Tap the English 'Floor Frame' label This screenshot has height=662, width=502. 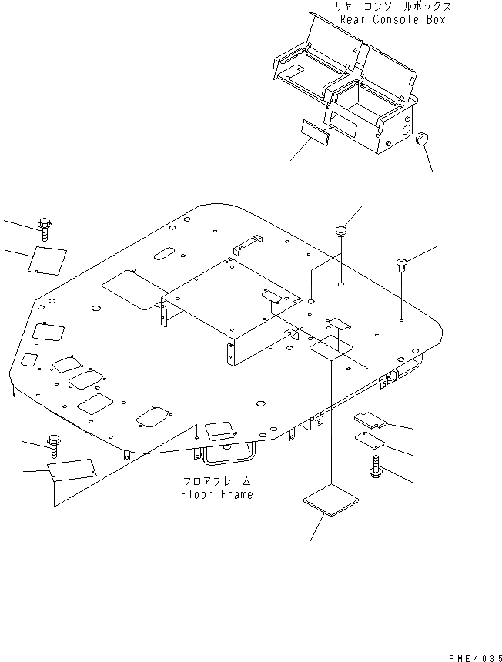(x=216, y=494)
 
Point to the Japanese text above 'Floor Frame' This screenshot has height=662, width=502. (x=216, y=482)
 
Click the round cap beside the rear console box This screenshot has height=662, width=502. (x=421, y=139)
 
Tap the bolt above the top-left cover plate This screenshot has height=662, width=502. (x=45, y=228)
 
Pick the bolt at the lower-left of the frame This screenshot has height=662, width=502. (x=54, y=443)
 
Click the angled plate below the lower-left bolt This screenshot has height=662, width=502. (x=72, y=471)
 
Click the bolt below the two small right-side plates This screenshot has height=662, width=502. (x=376, y=466)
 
